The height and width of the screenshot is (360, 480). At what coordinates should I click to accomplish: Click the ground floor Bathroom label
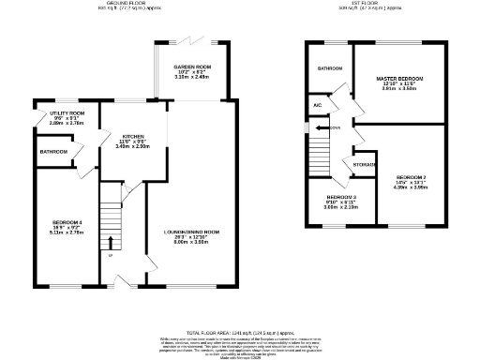tap(53, 151)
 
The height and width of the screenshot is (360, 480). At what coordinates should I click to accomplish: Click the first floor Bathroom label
tap(329, 68)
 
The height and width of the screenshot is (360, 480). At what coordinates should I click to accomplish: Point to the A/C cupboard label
tap(319, 106)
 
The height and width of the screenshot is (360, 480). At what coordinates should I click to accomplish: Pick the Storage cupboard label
tap(366, 165)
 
